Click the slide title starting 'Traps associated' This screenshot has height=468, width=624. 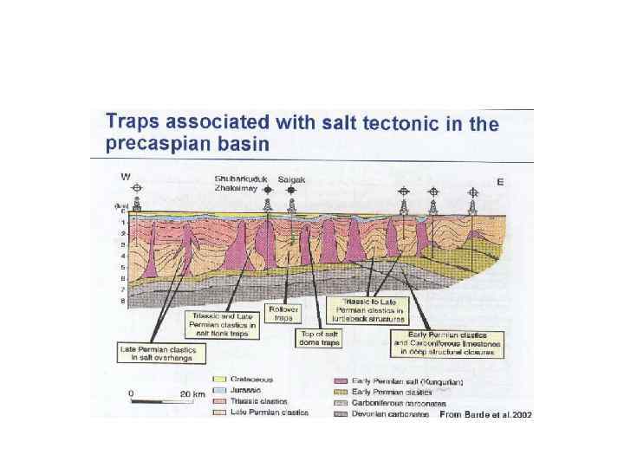coord(302,133)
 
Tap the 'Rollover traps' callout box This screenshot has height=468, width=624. coord(283,313)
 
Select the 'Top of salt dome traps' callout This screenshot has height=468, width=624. coord(320,338)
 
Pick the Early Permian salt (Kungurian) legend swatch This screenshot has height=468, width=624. coord(341,381)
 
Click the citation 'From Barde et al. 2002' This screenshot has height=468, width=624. coord(485,415)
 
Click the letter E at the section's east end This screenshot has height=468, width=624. coord(501,182)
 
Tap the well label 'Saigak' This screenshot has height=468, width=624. coord(292,180)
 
